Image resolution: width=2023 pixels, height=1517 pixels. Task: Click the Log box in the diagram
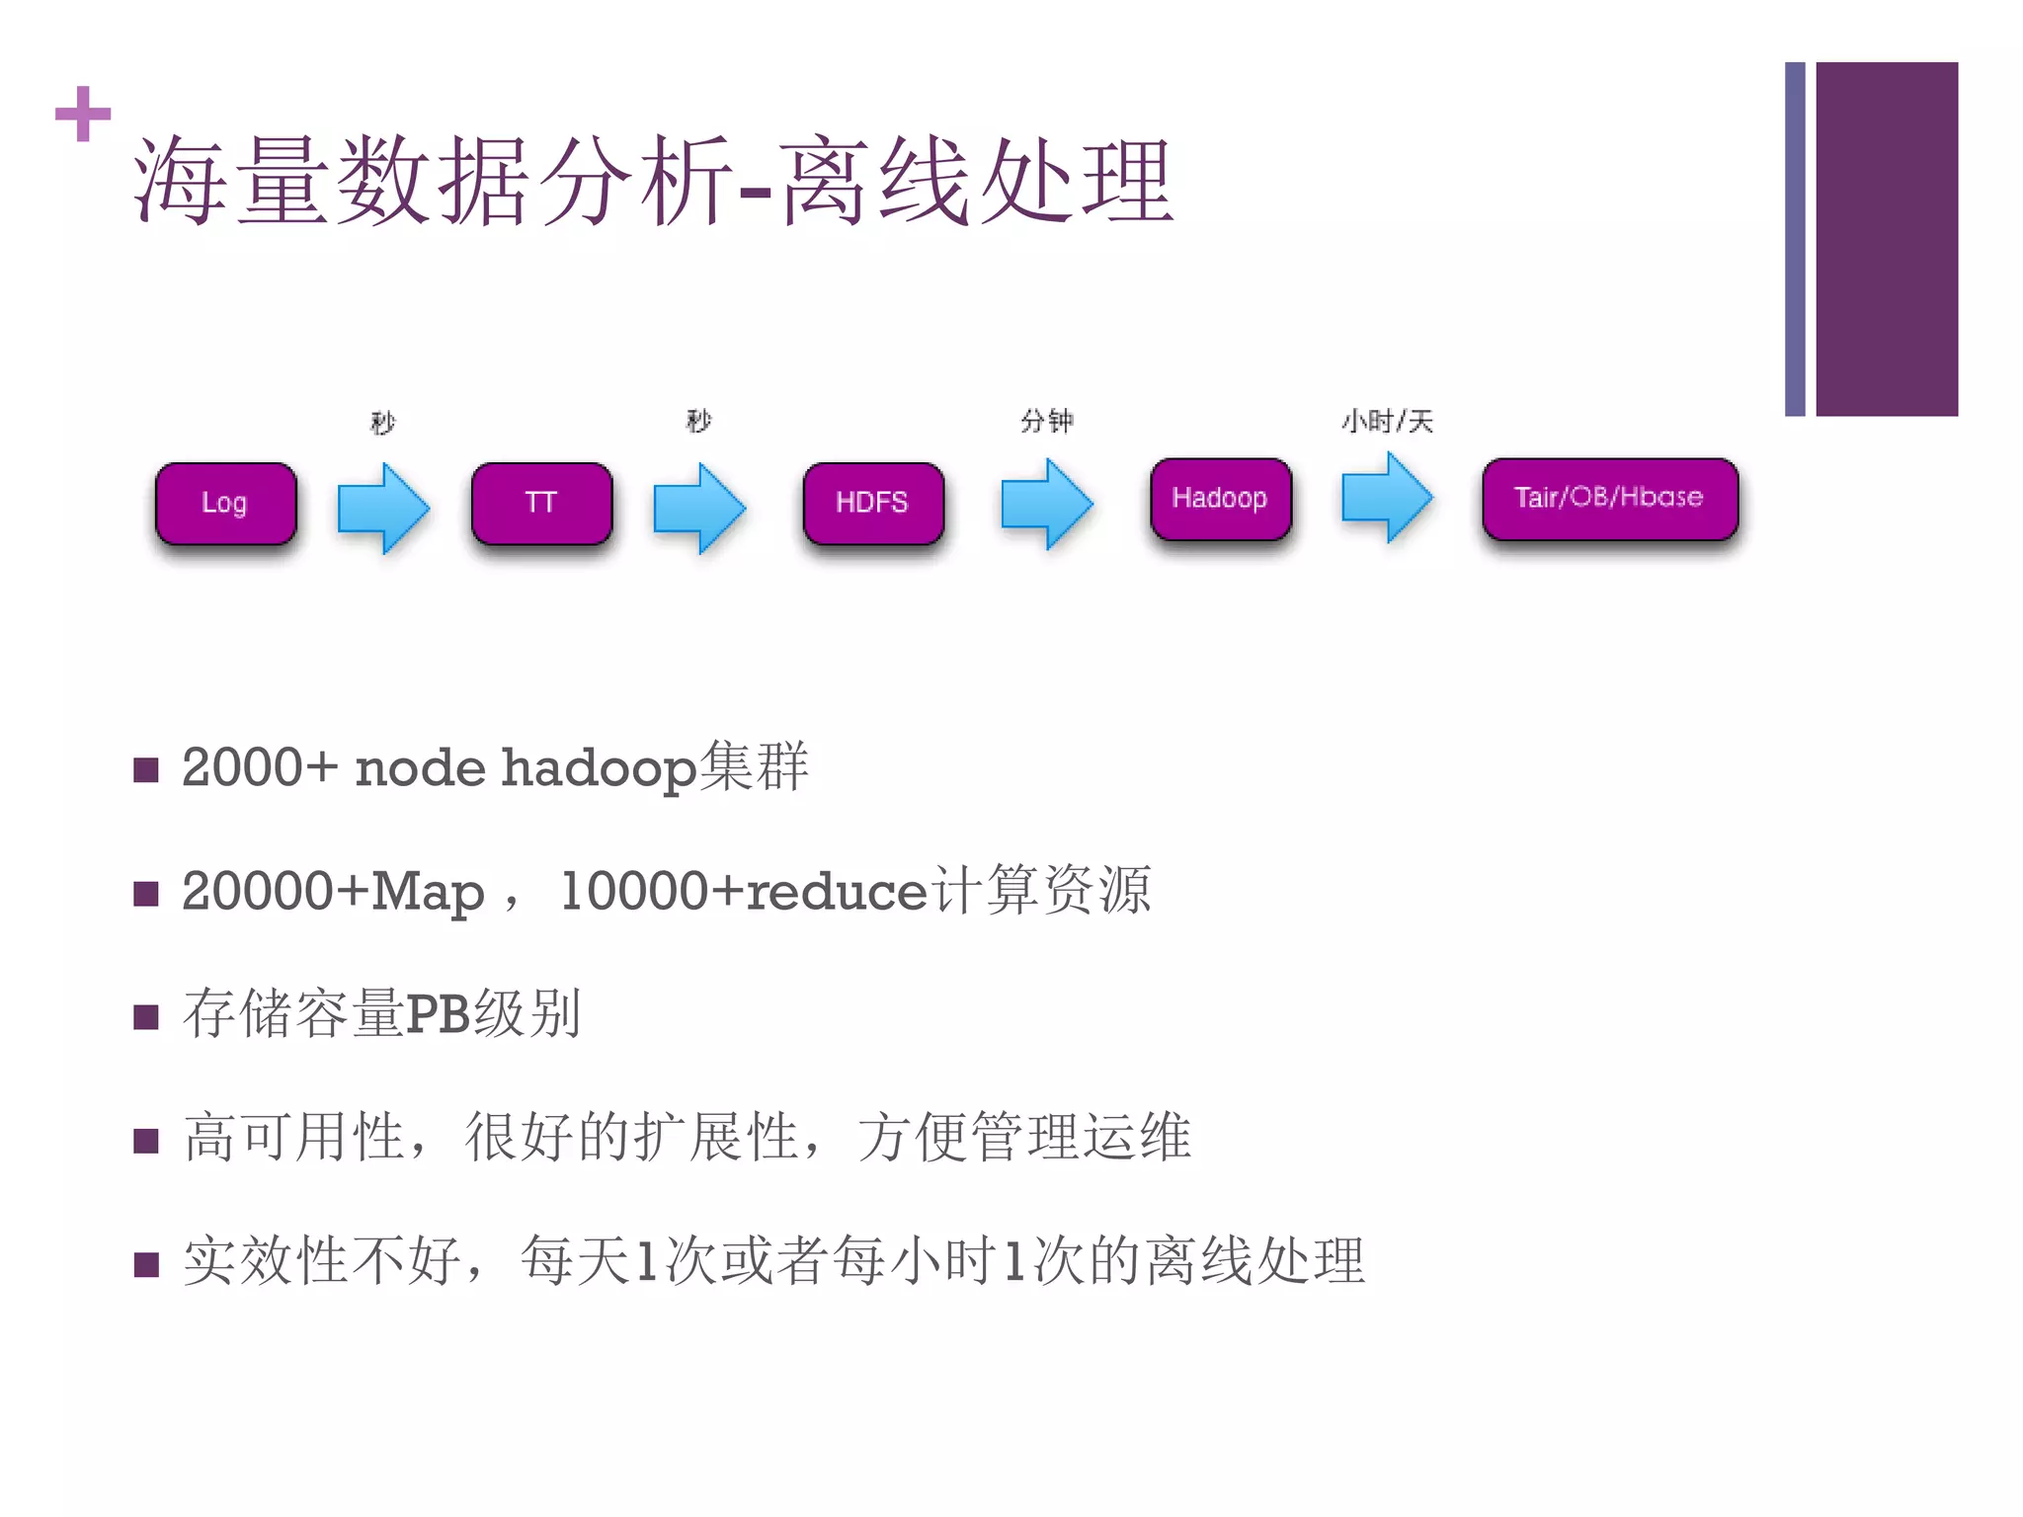(x=225, y=504)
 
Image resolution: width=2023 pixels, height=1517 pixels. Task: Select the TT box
(x=541, y=504)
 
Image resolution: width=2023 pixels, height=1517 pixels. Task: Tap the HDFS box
(x=873, y=504)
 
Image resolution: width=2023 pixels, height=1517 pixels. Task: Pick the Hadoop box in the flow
(x=1220, y=499)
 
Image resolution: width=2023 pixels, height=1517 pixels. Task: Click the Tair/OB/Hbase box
(x=1609, y=499)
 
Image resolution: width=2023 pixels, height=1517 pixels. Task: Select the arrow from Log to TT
(x=383, y=509)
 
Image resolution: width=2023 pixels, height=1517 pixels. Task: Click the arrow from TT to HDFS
(x=699, y=509)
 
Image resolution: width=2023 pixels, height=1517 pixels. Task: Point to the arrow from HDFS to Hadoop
(x=1047, y=504)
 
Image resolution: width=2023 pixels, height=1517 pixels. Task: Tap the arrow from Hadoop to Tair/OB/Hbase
(x=1387, y=497)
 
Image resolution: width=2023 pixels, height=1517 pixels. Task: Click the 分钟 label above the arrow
(x=1047, y=422)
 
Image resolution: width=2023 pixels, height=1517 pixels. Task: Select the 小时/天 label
(x=1387, y=422)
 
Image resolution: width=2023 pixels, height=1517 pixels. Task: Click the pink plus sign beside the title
(x=83, y=114)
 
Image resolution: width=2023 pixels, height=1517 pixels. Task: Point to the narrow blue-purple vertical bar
(x=1795, y=239)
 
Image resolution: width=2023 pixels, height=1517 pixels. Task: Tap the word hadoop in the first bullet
(x=599, y=768)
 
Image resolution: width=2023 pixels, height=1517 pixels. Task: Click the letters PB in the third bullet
(x=438, y=1014)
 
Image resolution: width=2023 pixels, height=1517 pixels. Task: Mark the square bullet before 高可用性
(x=146, y=1141)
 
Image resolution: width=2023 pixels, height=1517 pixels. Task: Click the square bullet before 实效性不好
(x=146, y=1264)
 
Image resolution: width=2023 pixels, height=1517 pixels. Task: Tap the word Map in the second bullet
(x=427, y=892)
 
